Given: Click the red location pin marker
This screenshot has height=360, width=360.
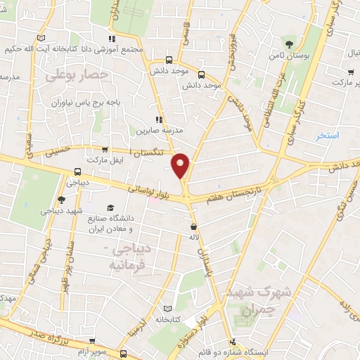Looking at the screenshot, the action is coord(181,165).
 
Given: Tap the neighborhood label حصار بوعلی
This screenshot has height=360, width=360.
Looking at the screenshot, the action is coord(70,74).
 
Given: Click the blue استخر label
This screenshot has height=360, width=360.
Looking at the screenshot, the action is coord(327,134).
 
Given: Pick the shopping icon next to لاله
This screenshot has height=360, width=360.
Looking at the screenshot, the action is coord(193,226).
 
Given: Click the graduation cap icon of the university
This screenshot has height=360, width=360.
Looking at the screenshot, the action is coord(110,208).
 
